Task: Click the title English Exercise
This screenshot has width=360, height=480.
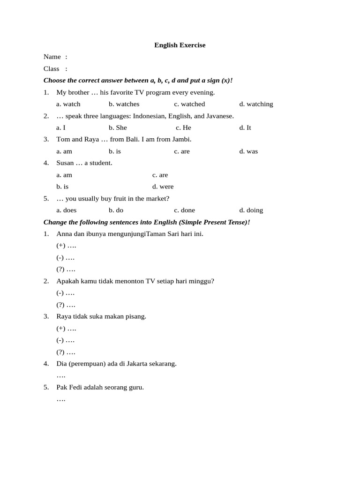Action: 180,45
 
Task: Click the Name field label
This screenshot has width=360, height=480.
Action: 52,57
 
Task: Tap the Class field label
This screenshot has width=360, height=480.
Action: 52,68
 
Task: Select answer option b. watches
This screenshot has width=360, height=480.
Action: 124,104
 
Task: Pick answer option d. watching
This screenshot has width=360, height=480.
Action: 256,104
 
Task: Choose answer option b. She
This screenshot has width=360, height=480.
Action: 118,127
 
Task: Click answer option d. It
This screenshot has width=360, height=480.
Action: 245,127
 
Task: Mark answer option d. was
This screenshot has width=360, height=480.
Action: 248,151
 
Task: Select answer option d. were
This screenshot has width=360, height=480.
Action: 163,187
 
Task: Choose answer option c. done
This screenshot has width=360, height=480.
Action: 184,210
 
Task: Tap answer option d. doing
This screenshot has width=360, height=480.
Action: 251,210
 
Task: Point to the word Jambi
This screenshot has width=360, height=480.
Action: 181,139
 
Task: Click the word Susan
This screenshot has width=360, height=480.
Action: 65,163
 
